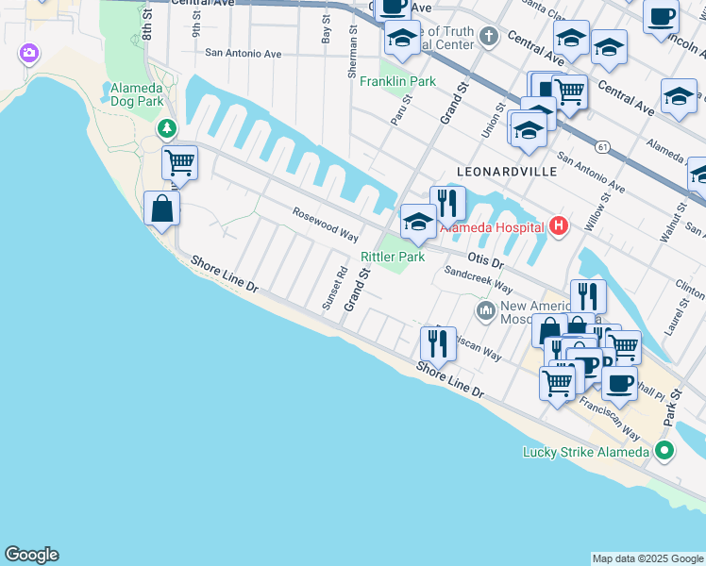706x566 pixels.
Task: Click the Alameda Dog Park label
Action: (x=131, y=94)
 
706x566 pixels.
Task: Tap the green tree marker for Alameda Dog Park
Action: (x=167, y=127)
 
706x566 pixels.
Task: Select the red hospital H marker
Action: (x=559, y=225)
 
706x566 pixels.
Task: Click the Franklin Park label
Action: (x=397, y=81)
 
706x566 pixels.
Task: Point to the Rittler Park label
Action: (x=393, y=257)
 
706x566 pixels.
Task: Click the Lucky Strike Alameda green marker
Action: (x=665, y=452)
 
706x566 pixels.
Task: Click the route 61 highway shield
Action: (x=600, y=147)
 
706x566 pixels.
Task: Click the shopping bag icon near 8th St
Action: (x=161, y=208)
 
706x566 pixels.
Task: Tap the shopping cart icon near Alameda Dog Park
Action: (x=178, y=161)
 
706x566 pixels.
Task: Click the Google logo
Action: (x=31, y=555)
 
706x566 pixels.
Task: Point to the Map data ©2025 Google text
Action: (x=647, y=558)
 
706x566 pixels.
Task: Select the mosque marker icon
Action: (x=486, y=310)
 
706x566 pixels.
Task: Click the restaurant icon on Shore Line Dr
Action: (x=438, y=342)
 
